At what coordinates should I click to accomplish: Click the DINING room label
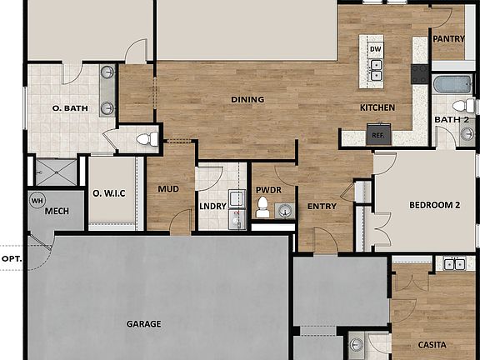pos(247,100)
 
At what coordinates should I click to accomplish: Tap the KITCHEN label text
pos(377,108)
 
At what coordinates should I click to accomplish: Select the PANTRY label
pos(449,38)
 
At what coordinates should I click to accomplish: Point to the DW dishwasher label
pos(376,50)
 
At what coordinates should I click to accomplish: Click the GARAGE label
pos(143,324)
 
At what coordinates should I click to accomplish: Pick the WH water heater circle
pos(37,200)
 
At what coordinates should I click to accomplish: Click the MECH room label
pos(57,212)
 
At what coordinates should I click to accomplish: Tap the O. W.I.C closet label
pos(109,193)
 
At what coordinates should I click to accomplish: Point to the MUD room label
pos(168,189)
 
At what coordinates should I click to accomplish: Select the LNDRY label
pos(213,207)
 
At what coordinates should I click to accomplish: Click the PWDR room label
pos(268,190)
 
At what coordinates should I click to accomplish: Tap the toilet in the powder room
pos(263,206)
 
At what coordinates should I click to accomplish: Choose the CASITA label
pos(432,345)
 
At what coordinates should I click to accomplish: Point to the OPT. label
pos(12,258)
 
